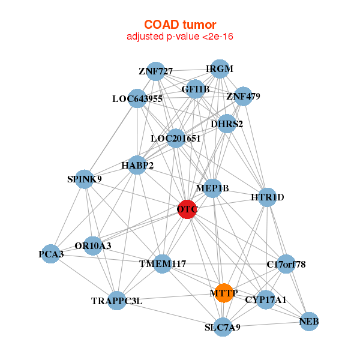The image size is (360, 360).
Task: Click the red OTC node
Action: (x=187, y=209)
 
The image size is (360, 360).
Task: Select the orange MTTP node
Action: (x=224, y=293)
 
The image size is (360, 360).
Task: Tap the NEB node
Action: (x=309, y=322)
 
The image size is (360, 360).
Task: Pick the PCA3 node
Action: (x=52, y=254)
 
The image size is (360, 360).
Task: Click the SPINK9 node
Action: (x=85, y=179)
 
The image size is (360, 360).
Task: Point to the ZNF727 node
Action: (x=155, y=71)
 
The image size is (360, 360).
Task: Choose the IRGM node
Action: (x=220, y=69)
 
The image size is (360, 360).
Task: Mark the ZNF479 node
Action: (x=242, y=96)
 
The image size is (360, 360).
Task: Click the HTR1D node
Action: (x=268, y=197)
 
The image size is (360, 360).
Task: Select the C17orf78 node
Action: (x=286, y=264)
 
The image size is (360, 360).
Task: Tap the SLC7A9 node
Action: (x=223, y=327)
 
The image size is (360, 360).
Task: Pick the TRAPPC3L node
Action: (x=118, y=300)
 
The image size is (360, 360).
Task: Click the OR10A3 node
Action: (x=93, y=245)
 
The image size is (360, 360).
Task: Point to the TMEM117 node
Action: (x=163, y=264)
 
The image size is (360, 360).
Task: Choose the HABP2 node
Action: (x=137, y=165)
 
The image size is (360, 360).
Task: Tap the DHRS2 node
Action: (x=227, y=124)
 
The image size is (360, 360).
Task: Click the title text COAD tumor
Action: (x=180, y=25)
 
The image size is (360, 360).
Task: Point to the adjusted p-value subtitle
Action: (x=180, y=37)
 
